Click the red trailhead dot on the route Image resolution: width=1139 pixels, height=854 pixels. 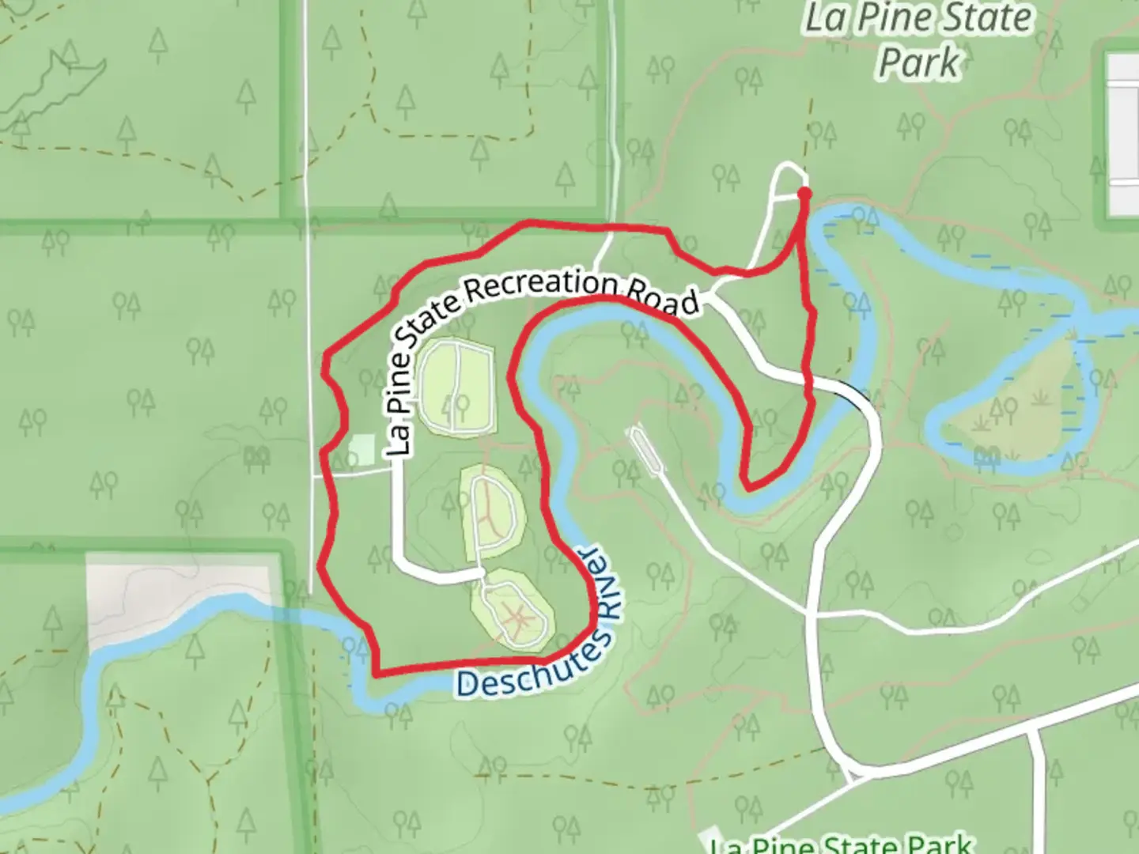point(804,193)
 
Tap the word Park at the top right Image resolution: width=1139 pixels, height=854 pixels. point(919,63)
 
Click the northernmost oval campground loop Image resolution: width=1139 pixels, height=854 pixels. point(456,387)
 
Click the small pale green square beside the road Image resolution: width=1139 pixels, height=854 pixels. point(361,451)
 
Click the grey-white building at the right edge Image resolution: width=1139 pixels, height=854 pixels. point(1122,134)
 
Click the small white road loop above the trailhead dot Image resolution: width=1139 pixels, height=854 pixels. point(789,179)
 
